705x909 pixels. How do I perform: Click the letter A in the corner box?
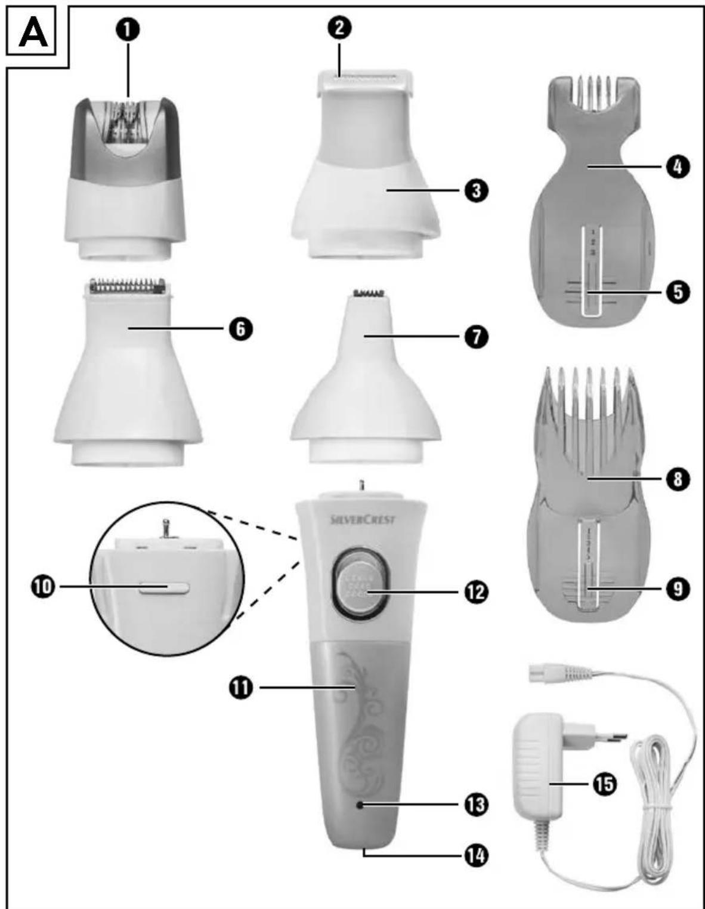pyautogui.click(x=33, y=33)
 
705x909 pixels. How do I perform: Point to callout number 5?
pyautogui.click(x=677, y=292)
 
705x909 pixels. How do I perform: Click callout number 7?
pyautogui.click(x=475, y=337)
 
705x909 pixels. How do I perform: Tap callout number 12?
pyautogui.click(x=475, y=592)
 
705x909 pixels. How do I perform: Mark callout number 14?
pyautogui.click(x=475, y=856)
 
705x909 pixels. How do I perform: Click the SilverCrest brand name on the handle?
pyautogui.click(x=363, y=519)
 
